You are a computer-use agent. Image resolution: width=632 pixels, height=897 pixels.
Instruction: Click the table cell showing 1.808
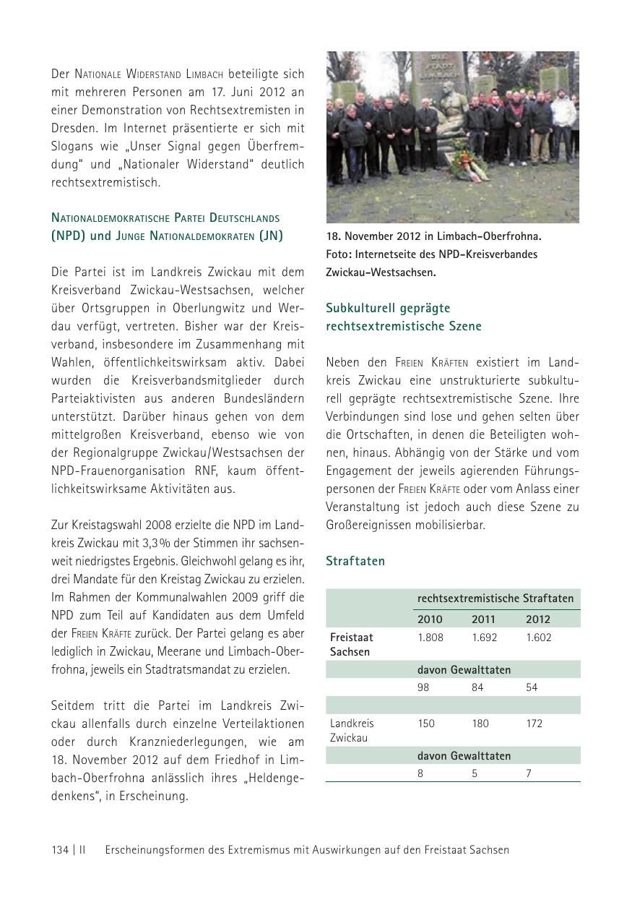point(430,638)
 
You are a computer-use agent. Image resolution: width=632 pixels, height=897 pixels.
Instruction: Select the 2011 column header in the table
point(483,619)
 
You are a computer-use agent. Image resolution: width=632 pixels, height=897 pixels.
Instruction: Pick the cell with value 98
point(423,687)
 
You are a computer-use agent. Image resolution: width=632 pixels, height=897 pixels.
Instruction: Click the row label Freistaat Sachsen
point(352,645)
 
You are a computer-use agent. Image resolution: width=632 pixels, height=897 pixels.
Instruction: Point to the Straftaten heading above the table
point(355,561)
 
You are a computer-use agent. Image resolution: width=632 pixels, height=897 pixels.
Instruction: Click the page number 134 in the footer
point(60,850)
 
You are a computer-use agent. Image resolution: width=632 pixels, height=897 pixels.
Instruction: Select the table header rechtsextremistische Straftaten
point(495,598)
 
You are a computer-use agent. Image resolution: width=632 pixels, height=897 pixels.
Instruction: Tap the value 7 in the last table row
point(529,773)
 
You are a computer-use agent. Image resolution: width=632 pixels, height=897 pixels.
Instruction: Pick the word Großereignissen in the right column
point(368,525)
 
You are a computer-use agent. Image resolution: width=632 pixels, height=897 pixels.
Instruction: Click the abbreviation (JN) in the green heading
point(270,236)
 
